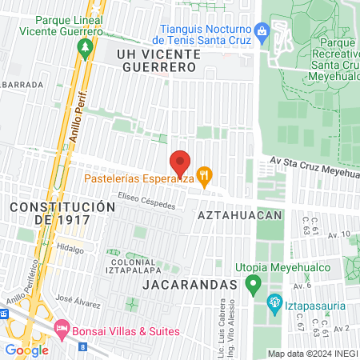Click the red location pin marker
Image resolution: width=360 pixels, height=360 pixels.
pos(181,162)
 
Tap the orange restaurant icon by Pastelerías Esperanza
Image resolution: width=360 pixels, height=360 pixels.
pos(205,174)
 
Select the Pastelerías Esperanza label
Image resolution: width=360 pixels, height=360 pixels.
pos(141,180)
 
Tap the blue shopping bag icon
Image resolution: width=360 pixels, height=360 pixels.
pos(262,32)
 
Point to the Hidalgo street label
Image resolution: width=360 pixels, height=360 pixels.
pos(70,250)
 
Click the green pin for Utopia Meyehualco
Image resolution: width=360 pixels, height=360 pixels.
pos(254,283)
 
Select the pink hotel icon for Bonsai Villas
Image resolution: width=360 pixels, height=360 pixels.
pos(62,329)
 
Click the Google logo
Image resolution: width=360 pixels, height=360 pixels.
pos(26,349)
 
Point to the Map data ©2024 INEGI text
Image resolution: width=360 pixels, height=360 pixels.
pos(312,354)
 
